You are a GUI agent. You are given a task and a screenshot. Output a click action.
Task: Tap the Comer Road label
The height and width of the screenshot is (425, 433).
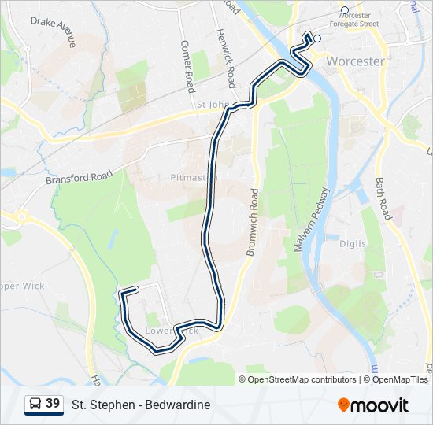coord(187,66)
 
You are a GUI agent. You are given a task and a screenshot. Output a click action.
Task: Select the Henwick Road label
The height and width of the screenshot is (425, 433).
coord(226,60)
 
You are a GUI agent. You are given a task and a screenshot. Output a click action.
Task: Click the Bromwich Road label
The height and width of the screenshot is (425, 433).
coord(254,220)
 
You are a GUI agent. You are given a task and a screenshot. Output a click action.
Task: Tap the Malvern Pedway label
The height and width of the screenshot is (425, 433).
coord(311,220)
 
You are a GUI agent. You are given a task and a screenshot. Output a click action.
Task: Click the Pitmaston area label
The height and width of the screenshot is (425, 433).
coord(194,178)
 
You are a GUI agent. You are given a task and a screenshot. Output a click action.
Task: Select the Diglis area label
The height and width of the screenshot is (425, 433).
coord(353,244)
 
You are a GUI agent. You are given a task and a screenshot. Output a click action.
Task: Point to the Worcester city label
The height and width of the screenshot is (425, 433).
coord(355,61)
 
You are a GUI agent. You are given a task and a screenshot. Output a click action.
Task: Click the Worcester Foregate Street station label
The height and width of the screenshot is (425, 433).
coord(354,20)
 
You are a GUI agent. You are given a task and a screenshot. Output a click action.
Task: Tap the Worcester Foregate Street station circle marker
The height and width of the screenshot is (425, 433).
coord(344,10)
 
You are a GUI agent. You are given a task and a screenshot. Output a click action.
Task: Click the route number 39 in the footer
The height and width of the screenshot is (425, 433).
coord(53,404)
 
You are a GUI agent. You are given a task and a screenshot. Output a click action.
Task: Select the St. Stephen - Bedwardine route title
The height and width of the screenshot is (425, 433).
coord(141,405)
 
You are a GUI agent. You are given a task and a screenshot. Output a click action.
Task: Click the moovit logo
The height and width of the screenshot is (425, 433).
coord(373,405)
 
